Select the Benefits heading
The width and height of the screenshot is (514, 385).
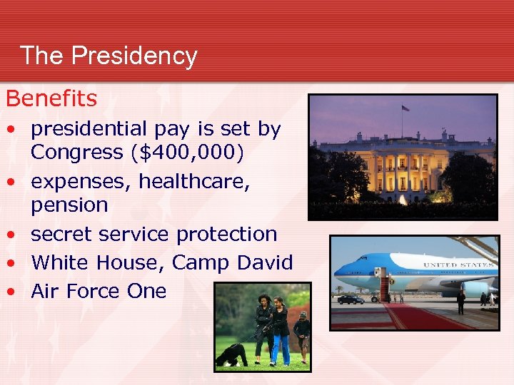[51, 98]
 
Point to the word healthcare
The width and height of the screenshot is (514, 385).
[194, 181]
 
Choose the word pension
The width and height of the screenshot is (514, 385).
[69, 205]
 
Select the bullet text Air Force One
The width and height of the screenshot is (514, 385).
[99, 291]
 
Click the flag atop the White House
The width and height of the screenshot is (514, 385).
[405, 108]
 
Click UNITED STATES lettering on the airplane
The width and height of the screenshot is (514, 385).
[458, 265]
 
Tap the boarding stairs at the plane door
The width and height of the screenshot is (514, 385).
[385, 289]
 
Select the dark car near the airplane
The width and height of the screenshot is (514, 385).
[351, 299]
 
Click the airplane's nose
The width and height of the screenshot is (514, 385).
[337, 272]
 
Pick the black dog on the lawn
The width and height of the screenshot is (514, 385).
[233, 354]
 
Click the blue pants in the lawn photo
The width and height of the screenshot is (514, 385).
[281, 349]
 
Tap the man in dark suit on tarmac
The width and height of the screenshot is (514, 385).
[461, 302]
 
